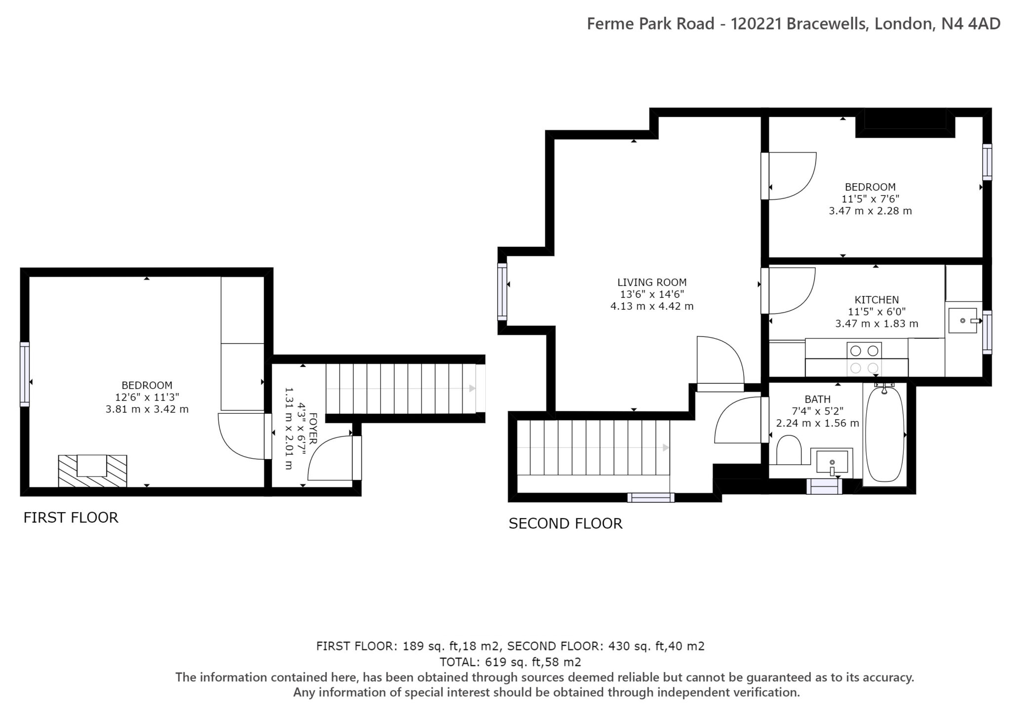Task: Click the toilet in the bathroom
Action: point(789,449)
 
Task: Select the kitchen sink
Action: point(963,320)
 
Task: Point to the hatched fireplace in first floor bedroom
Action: point(92,471)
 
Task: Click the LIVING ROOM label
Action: point(652,282)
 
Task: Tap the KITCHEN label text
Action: point(877,300)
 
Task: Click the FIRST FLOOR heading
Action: point(71,517)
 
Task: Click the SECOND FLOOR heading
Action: point(565,523)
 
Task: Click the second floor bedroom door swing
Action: point(791,175)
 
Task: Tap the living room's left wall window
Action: point(502,291)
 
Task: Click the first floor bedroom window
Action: point(25,374)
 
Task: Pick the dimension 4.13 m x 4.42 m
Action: point(652,306)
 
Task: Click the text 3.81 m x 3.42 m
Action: point(147,409)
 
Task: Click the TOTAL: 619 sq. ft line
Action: point(510,662)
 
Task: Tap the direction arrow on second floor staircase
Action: point(666,447)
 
